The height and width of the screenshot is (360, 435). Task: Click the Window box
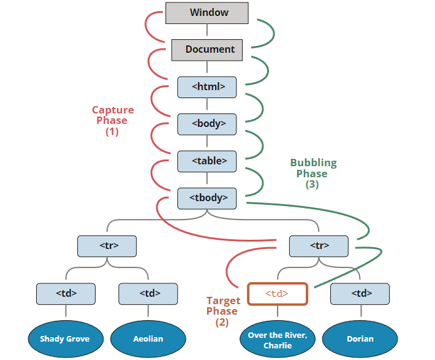(207, 13)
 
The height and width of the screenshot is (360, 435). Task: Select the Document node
(207, 50)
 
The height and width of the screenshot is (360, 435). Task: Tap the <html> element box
(207, 86)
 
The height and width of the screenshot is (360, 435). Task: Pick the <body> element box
(207, 123)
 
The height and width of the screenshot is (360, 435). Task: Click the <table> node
(207, 161)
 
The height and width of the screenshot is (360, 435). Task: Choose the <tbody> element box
(207, 197)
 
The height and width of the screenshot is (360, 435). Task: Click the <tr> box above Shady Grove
(107, 246)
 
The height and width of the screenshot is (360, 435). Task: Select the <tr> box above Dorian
(319, 246)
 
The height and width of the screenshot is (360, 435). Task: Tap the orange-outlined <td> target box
(277, 294)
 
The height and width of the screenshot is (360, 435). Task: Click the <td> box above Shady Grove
(66, 294)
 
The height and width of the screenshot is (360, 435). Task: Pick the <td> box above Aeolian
(148, 294)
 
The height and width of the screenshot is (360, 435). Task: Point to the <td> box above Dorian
(360, 294)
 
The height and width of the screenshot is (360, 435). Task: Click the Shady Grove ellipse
(65, 339)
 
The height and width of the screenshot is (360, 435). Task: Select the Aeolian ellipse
(148, 339)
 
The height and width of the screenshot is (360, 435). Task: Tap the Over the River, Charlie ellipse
(277, 339)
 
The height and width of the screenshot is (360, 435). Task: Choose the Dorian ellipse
(360, 339)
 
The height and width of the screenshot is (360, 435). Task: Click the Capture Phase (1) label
(112, 121)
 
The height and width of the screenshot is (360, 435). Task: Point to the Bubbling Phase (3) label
(313, 174)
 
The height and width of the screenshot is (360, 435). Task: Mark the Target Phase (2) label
(223, 312)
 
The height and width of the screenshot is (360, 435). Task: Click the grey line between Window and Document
(207, 31)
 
